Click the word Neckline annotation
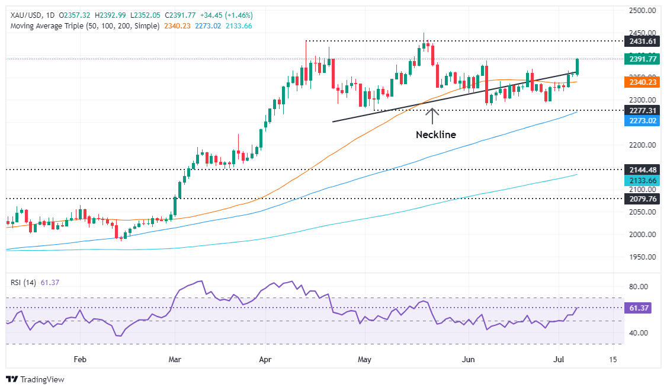(435, 135)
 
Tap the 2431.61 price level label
(642, 41)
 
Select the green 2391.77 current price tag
(642, 59)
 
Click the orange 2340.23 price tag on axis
(642, 83)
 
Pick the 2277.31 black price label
(642, 110)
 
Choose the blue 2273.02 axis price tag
(642, 121)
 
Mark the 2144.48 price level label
(642, 170)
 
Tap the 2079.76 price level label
(642, 199)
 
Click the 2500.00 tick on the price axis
(642, 11)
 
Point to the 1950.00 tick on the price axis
(642, 257)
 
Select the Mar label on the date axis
(174, 359)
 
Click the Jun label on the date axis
(469, 359)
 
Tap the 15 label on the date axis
(613, 359)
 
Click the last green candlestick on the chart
(578, 67)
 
